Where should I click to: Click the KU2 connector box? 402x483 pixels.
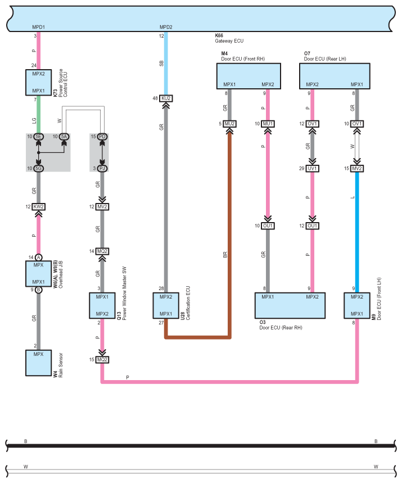point(166,98)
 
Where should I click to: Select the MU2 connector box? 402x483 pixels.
point(229,124)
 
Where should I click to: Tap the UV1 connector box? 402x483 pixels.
point(312,169)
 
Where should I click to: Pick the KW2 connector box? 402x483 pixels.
point(38,207)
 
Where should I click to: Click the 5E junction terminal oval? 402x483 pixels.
point(38,137)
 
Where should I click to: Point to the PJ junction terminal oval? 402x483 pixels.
point(102,169)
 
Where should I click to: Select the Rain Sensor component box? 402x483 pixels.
point(38,363)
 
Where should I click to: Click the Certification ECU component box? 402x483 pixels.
point(166,305)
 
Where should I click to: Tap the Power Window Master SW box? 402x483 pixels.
point(102,305)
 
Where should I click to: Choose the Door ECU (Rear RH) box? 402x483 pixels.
point(290,305)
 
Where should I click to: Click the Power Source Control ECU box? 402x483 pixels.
point(38,83)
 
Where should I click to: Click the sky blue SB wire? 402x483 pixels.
point(166,63)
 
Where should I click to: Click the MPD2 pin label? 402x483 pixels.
point(166,27)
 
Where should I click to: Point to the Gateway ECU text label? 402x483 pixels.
point(229,41)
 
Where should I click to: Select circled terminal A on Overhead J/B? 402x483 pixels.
point(38,258)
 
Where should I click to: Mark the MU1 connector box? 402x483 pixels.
point(268,124)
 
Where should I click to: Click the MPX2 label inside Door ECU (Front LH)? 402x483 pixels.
point(356,297)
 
